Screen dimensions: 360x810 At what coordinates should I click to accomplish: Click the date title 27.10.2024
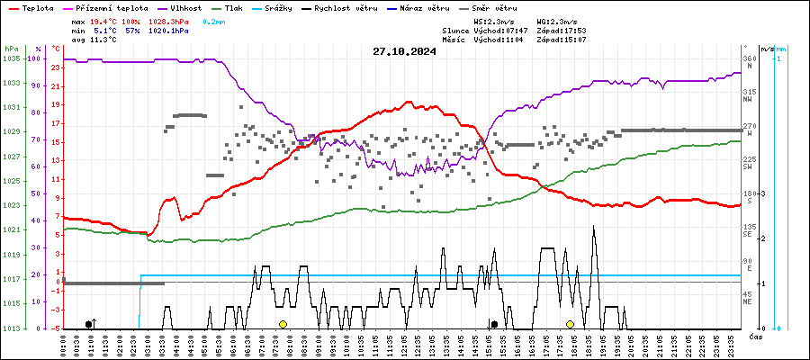click(404, 51)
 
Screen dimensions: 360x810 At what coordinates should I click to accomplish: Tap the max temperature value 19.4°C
click(104, 21)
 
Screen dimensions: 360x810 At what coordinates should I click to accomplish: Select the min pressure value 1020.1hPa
click(168, 31)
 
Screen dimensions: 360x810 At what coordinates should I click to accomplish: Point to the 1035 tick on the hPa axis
click(12, 58)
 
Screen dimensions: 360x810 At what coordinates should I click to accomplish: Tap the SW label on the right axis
click(747, 167)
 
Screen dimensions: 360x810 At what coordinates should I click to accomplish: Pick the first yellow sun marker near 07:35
click(283, 324)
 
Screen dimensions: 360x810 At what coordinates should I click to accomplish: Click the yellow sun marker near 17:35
click(570, 324)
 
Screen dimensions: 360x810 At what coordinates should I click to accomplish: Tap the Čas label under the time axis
click(756, 336)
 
